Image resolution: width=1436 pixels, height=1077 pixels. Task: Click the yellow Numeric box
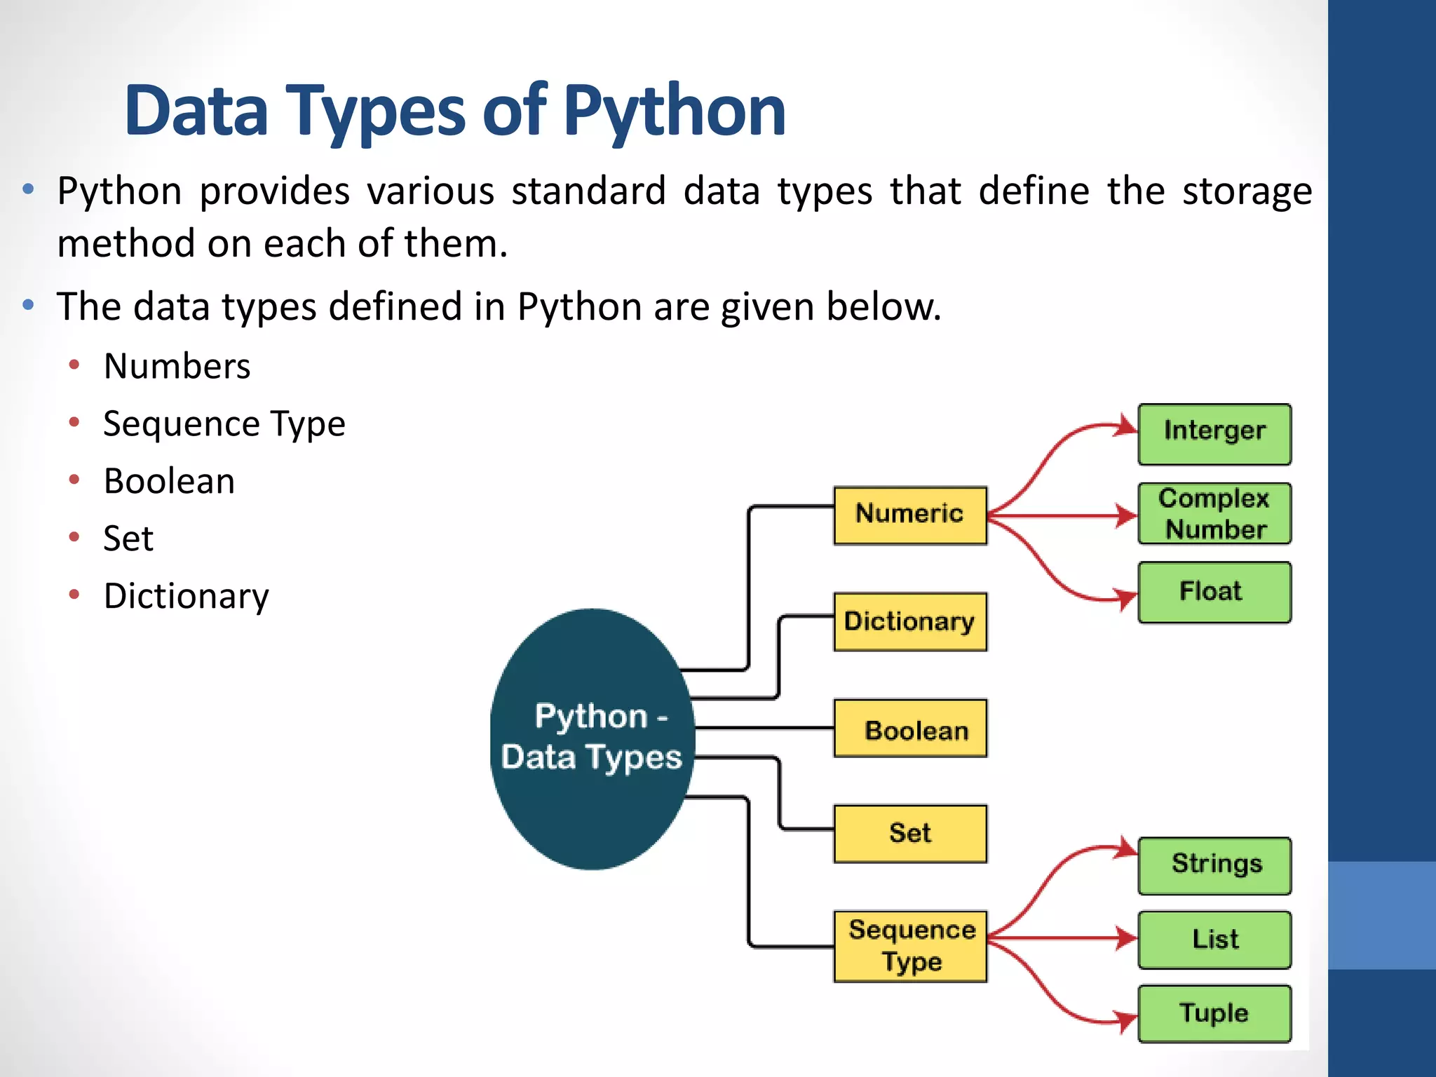909,515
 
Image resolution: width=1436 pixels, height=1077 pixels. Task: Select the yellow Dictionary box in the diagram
909,622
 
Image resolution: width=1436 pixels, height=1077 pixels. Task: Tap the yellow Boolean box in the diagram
909,729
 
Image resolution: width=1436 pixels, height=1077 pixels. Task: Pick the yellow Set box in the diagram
909,834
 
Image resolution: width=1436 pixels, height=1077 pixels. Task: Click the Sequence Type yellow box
909,946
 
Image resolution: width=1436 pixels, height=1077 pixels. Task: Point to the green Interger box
1214,433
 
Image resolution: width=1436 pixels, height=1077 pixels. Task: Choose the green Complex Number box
1214,513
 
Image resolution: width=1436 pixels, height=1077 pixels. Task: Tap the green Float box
1214,592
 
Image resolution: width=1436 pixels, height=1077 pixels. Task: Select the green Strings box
1214,865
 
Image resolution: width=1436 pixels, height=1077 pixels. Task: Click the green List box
1214,940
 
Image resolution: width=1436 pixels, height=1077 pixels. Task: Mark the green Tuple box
1214,1014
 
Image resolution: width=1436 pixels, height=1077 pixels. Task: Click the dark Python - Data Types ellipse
592,739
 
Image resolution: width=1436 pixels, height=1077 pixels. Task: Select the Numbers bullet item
177,366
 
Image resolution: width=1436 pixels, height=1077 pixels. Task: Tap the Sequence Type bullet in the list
224,424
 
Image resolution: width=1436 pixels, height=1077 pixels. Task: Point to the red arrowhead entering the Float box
1127,599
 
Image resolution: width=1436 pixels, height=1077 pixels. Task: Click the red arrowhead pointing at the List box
1127,938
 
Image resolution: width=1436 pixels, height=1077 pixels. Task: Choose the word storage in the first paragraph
1247,191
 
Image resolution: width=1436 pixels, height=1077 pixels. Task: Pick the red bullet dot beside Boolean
74,480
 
